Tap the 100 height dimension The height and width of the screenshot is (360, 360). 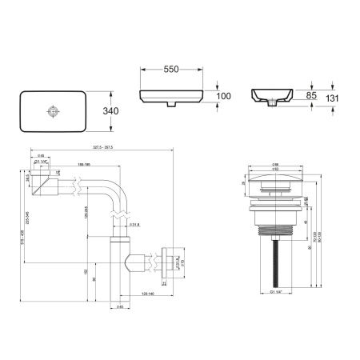[x=224, y=96]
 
